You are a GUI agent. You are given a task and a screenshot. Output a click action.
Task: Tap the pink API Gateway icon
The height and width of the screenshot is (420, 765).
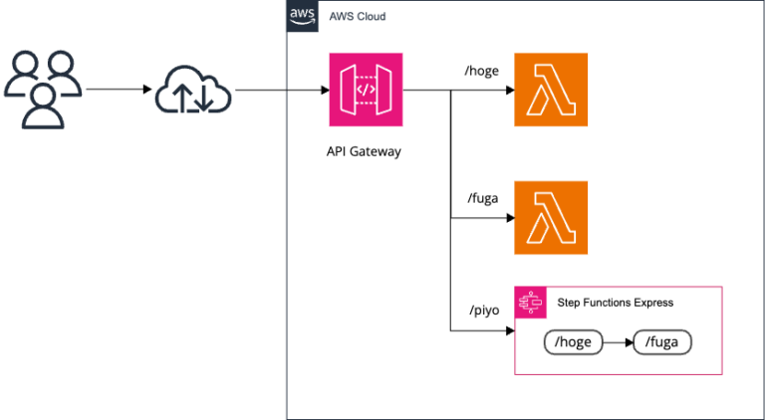(365, 91)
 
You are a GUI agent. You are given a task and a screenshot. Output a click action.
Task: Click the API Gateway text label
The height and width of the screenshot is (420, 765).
(365, 152)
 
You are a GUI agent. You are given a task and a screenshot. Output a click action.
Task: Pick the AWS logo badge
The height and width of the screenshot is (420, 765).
(303, 17)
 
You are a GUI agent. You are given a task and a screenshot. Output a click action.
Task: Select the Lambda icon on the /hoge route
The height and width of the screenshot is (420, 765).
(551, 91)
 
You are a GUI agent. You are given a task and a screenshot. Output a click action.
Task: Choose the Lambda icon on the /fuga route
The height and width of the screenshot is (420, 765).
(551, 217)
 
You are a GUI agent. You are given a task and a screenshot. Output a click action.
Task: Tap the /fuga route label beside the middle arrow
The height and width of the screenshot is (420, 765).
(484, 198)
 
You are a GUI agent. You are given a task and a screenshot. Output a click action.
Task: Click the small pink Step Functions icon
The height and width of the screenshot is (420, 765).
(529, 303)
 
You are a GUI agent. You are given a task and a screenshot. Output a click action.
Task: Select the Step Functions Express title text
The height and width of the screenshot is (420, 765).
(615, 303)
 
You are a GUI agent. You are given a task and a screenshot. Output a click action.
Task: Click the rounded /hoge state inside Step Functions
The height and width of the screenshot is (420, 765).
(575, 343)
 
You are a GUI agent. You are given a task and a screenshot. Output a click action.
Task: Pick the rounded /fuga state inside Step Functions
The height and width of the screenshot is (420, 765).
(662, 343)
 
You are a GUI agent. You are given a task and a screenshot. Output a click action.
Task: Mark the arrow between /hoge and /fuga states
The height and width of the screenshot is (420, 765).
(619, 343)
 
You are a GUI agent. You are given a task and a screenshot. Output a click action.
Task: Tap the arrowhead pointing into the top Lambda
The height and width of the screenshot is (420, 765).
(509, 91)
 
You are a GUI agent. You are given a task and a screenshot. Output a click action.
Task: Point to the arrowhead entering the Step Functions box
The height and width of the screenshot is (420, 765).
(509, 331)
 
